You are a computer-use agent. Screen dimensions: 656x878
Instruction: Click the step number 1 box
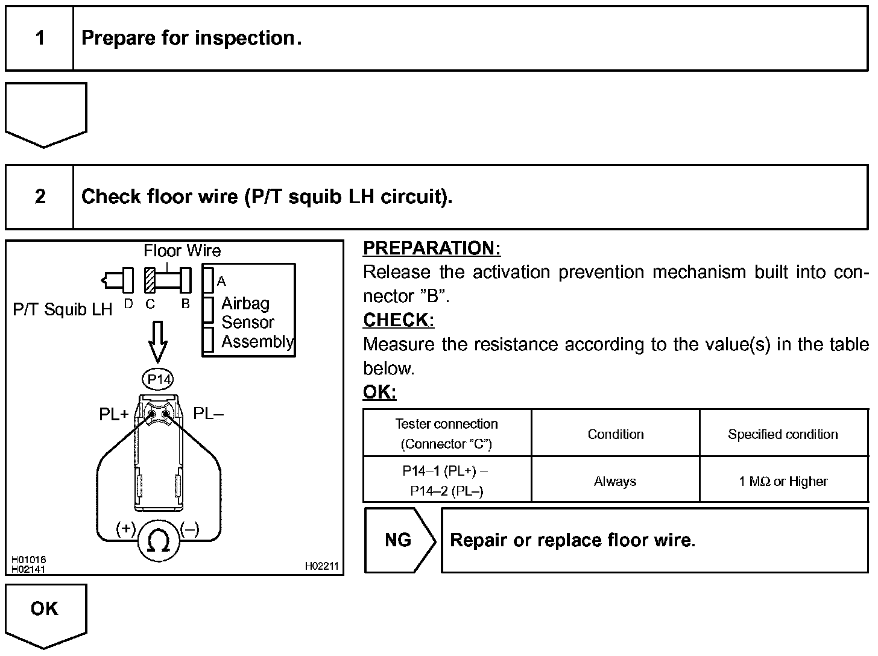coord(40,39)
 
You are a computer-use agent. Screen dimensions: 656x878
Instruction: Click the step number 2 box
coord(40,197)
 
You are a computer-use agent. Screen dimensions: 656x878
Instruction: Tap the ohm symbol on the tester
coord(159,542)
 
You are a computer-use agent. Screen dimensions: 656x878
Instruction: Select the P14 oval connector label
coord(159,379)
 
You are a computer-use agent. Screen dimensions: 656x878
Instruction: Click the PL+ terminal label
coord(114,414)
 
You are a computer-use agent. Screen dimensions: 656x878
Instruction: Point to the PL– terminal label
coord(208,414)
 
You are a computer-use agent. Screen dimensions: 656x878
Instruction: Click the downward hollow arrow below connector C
coord(158,342)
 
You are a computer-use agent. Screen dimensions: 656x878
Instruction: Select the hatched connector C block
coord(150,280)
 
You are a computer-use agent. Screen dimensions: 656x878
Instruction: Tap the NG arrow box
coord(399,540)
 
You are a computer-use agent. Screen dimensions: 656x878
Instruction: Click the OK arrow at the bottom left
coord(45,612)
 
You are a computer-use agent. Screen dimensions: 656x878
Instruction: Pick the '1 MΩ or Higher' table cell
coord(783,481)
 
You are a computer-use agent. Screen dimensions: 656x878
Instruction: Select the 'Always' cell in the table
coord(615,481)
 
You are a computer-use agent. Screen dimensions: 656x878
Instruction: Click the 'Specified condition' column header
coord(783,434)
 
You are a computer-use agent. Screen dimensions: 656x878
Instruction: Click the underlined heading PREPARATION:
coord(432,248)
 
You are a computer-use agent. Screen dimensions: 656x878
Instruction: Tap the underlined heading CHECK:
coord(399,320)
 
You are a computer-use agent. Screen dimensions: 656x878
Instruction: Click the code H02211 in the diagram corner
coord(321,566)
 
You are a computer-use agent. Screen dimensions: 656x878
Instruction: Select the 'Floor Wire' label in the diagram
coord(182,251)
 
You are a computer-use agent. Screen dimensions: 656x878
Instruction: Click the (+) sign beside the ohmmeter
coord(125,529)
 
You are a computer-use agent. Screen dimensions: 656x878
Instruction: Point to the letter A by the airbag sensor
coord(221,282)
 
